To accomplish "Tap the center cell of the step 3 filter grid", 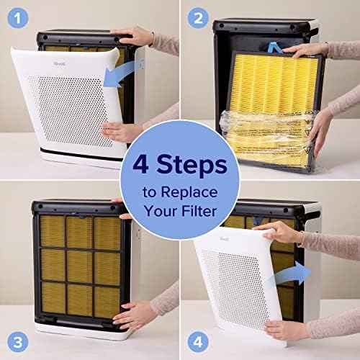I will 78,265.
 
